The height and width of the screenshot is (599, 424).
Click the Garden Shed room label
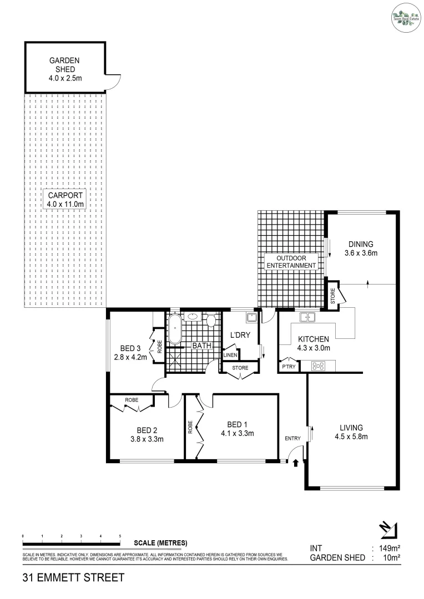(x=65, y=69)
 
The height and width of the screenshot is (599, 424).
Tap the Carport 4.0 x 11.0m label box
(x=65, y=200)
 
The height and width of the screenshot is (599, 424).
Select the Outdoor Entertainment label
(x=291, y=262)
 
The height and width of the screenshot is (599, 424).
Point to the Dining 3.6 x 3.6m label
(x=361, y=248)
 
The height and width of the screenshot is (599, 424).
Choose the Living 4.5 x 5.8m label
(x=351, y=432)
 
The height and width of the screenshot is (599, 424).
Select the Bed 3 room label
(x=130, y=353)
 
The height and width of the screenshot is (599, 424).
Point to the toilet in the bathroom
(x=210, y=321)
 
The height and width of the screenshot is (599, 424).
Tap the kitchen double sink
(x=307, y=318)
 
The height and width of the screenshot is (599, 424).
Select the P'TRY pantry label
(x=289, y=367)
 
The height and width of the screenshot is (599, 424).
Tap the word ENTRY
(x=292, y=439)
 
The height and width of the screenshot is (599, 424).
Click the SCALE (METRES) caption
(x=161, y=543)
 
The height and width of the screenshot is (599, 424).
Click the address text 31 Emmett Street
(x=73, y=578)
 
